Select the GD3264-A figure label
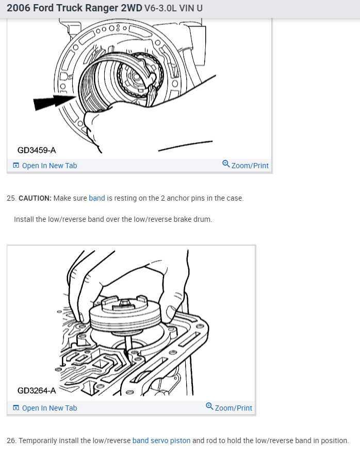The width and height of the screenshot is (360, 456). coord(36,390)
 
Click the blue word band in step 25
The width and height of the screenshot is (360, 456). coord(97,198)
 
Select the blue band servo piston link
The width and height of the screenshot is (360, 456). coord(161,441)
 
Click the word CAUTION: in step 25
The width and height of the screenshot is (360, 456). coord(35,198)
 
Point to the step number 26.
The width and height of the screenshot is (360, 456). coord(11,441)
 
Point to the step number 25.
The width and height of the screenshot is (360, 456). coord(11,198)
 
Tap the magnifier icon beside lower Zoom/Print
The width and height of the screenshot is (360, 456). coord(209,407)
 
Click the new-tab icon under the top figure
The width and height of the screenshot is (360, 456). coord(16,166)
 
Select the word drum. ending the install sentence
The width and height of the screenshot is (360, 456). coord(202,219)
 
